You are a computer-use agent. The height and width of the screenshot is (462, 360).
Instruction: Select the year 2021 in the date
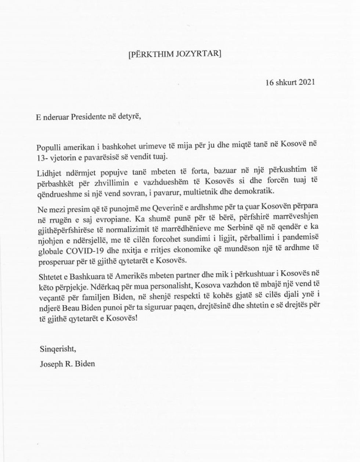click(x=304, y=82)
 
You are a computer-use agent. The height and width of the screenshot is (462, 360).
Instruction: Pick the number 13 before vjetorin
click(x=41, y=157)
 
